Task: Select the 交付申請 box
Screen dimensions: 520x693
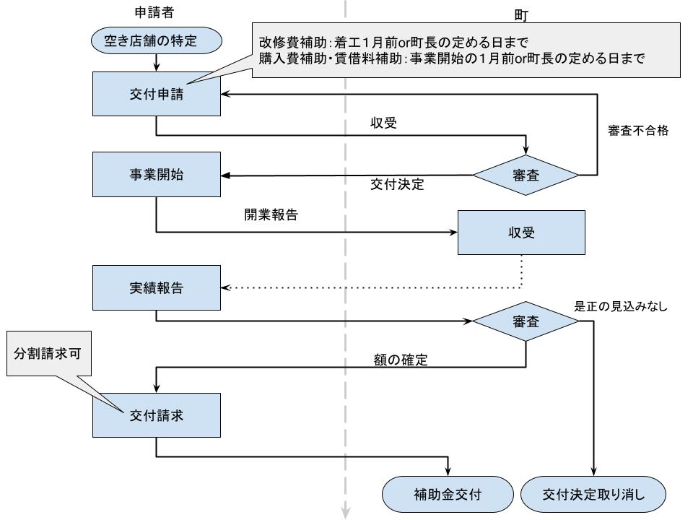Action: (156, 94)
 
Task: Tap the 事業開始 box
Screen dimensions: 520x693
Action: (156, 175)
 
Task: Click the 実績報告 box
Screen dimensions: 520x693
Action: (156, 287)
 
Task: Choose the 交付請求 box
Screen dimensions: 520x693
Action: (156, 416)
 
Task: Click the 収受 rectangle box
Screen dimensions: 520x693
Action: (520, 233)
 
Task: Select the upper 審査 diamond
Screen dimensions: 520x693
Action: (526, 175)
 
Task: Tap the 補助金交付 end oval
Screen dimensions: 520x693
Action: (441, 495)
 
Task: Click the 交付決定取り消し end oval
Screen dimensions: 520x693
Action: (593, 495)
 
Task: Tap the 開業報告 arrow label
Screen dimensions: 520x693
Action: (271, 215)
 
